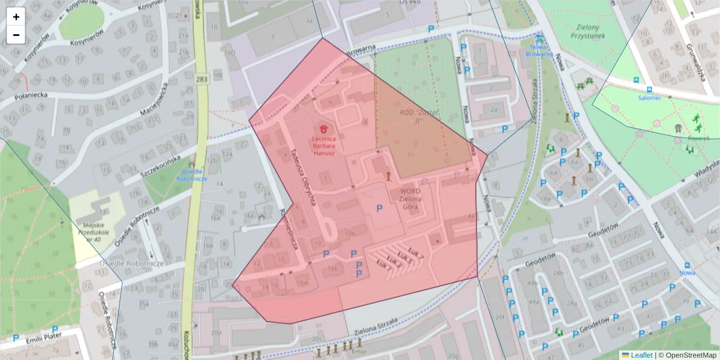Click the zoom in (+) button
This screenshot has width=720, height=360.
[16, 17]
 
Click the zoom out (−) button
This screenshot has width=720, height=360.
[16, 35]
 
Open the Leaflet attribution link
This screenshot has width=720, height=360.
[637, 355]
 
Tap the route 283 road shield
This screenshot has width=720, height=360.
[202, 79]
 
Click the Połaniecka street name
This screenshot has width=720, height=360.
[23, 95]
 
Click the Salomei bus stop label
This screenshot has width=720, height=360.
[649, 97]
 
